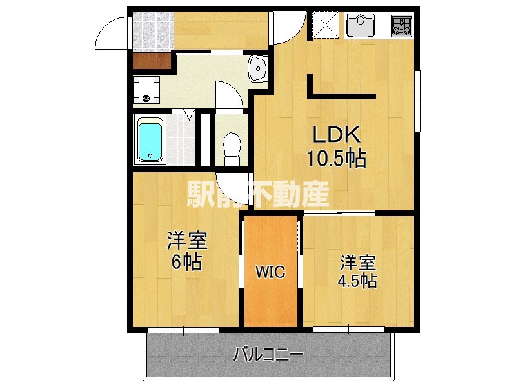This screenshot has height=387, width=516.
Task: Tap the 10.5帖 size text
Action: click(337, 158)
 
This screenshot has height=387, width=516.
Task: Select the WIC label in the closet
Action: click(271, 272)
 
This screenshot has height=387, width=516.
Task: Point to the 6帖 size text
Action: click(187, 263)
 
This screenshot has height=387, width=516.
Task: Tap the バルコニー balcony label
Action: click(268, 354)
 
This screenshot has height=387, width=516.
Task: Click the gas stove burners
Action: click(402, 26)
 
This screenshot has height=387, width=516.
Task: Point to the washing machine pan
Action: click(146, 90)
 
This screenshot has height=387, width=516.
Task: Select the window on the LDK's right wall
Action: click(417, 101)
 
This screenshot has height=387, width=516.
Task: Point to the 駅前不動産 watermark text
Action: click(258, 193)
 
